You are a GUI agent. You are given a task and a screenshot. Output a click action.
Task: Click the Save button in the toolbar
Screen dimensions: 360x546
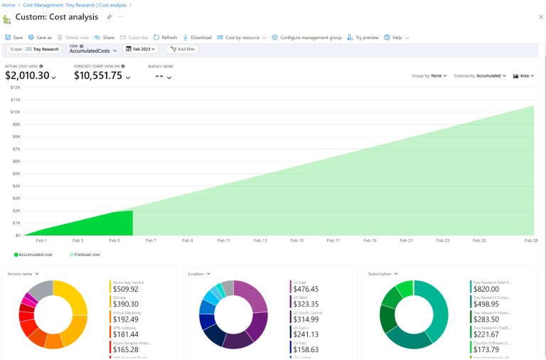(14, 37)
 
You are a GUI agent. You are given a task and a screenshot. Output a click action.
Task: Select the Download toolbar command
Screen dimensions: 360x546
(198, 37)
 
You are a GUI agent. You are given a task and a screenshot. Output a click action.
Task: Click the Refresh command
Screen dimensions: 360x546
(165, 37)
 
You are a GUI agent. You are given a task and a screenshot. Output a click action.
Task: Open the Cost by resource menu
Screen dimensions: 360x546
(242, 37)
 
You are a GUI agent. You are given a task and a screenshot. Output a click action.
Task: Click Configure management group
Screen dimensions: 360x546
(306, 37)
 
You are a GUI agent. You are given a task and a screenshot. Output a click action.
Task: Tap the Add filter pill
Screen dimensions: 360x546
(183, 49)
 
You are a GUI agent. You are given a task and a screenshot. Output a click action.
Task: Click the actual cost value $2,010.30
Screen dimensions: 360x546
(27, 75)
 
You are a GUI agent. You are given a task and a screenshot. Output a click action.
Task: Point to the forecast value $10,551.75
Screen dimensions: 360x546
(98, 75)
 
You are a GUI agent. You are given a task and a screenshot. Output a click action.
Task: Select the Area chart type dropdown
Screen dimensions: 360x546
(524, 75)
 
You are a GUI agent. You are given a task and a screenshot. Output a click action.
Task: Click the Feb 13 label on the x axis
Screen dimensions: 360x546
(260, 240)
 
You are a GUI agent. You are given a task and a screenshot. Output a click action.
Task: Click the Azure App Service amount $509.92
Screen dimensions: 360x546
(126, 289)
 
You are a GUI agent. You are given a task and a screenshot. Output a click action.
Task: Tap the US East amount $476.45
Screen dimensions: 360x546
(306, 289)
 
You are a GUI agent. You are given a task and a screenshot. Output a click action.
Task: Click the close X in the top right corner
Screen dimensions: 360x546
(540, 16)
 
